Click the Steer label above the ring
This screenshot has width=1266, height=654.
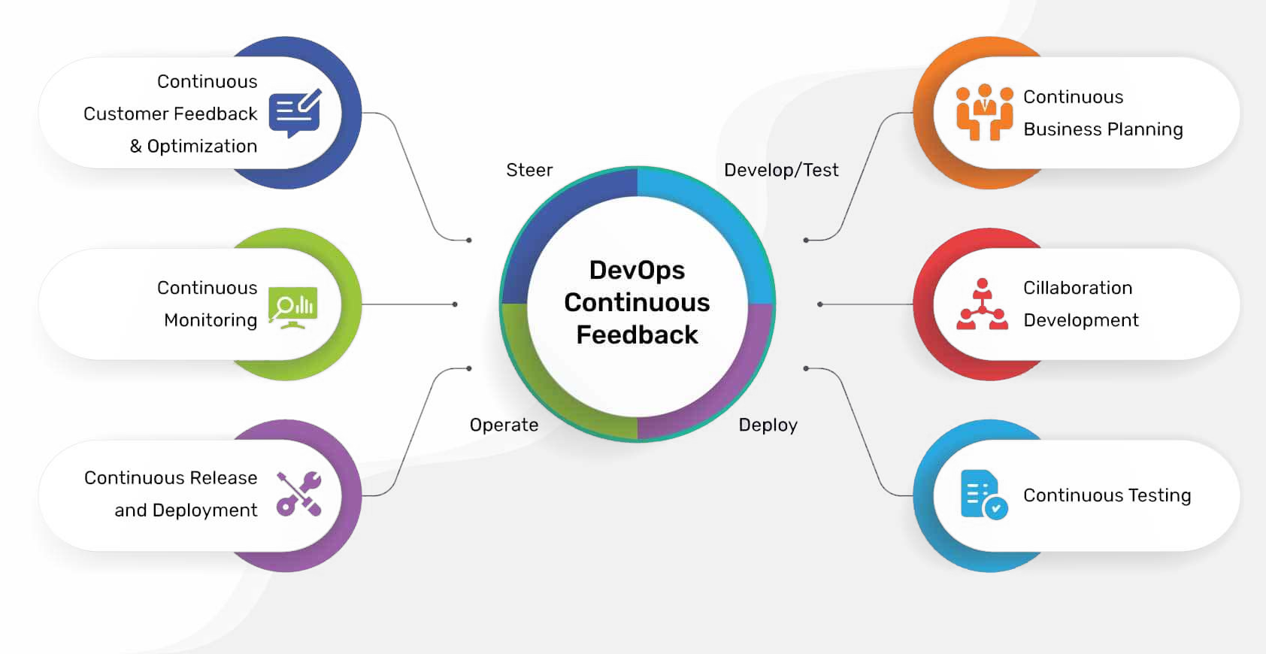(529, 170)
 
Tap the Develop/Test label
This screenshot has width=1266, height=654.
(781, 170)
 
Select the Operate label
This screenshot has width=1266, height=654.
(504, 425)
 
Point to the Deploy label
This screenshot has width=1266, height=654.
(768, 425)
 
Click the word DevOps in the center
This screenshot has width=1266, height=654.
(637, 270)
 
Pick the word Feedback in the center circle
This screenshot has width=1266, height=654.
(637, 335)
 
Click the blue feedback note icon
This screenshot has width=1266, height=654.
(295, 114)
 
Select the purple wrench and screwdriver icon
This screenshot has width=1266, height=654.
(298, 494)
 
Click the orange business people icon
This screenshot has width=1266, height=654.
(984, 113)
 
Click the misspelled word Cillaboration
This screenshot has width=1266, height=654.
(1077, 288)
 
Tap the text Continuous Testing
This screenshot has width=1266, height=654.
(1107, 495)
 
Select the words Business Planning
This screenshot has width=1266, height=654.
(1103, 129)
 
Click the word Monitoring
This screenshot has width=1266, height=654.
(210, 320)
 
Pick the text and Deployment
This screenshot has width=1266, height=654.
(186, 510)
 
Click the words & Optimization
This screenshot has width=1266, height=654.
(193, 146)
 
